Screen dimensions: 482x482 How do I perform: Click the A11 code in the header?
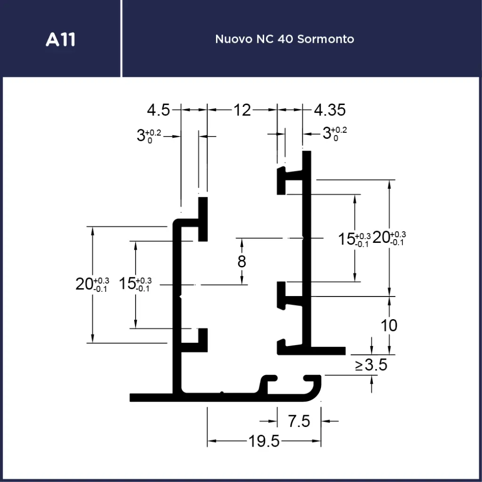[x=60, y=40]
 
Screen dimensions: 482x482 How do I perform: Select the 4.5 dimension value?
[x=158, y=110]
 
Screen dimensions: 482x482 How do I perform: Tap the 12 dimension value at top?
[x=242, y=110]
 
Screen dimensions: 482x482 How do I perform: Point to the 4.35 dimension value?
[x=329, y=110]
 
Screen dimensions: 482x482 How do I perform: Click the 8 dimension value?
[x=241, y=261]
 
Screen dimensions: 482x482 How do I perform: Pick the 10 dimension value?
[x=389, y=325]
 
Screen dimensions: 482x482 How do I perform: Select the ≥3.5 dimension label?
[x=371, y=364]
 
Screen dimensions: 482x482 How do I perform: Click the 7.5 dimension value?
[x=299, y=421]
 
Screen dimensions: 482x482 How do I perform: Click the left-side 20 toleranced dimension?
[x=92, y=284]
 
